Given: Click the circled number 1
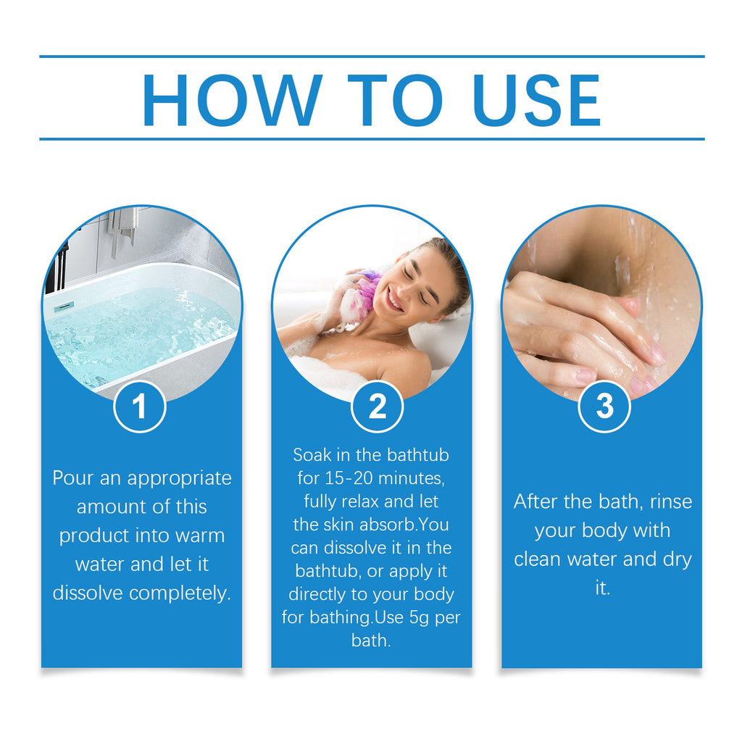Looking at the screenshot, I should point(140,407).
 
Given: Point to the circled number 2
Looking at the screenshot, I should point(378,407).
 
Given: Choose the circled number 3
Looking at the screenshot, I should point(604,407).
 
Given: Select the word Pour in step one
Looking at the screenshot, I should point(73,478).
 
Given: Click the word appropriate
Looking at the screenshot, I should point(180,479).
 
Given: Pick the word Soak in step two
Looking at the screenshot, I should point(313,455).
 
